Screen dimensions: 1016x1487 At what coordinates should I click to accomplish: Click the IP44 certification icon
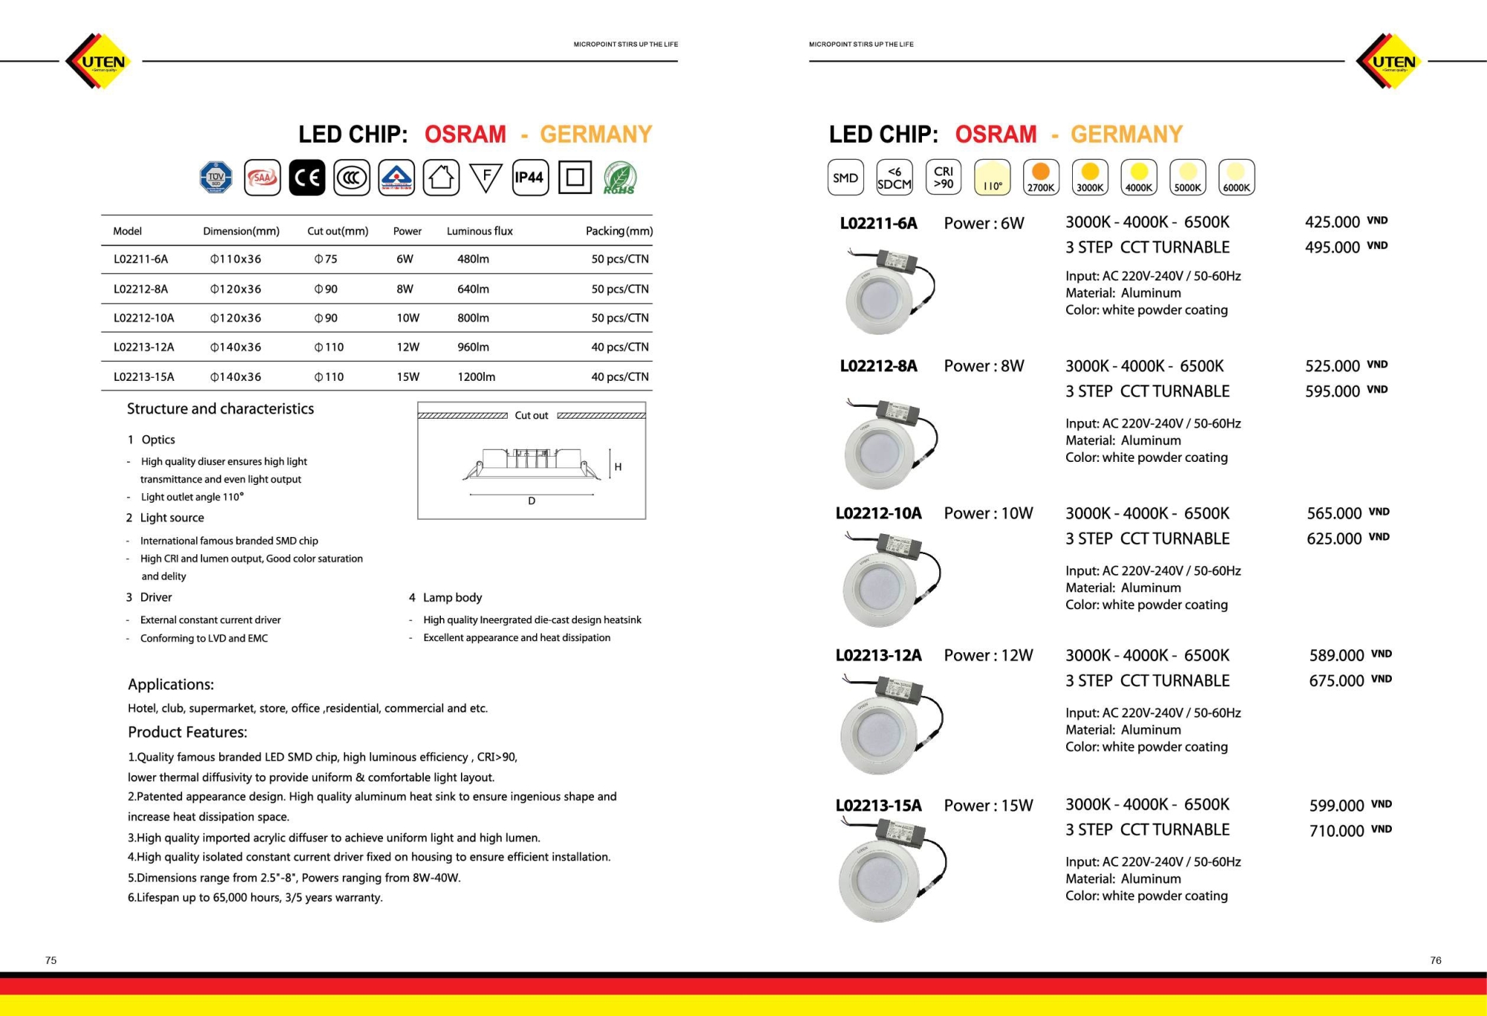530,178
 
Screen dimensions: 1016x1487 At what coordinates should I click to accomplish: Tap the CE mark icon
307,178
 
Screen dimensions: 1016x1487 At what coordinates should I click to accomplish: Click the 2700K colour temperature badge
1041,178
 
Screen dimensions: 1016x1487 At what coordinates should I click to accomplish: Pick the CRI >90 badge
944,178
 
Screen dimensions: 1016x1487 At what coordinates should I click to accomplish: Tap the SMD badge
845,178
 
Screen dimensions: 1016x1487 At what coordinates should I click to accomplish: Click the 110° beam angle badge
993,178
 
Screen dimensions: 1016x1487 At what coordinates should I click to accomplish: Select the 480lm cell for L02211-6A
473,259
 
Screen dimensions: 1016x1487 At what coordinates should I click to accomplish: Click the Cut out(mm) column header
338,231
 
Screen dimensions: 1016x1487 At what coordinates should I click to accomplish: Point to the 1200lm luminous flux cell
476,376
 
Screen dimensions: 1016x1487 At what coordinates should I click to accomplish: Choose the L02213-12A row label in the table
143,347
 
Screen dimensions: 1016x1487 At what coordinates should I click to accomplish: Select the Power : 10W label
988,513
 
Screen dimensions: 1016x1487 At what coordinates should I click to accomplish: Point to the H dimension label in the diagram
618,467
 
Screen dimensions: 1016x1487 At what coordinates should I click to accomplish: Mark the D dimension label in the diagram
532,501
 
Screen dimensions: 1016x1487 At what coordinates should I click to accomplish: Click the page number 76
1436,960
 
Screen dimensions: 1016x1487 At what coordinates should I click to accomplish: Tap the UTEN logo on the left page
99,62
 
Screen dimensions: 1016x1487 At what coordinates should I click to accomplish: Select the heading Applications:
171,684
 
